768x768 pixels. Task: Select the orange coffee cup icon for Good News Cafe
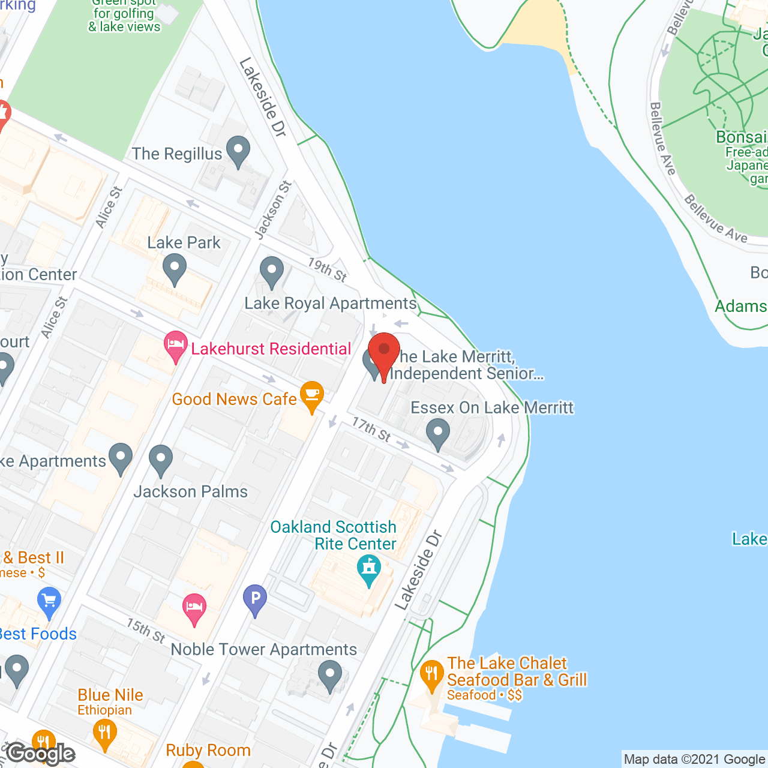tap(311, 396)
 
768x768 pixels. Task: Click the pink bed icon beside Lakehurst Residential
tap(175, 346)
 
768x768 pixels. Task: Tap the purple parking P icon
tap(255, 599)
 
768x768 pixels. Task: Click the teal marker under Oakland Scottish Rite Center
tap(368, 569)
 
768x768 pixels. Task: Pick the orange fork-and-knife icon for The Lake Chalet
tap(431, 675)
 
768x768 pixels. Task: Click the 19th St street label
tap(327, 269)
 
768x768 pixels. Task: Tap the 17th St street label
tap(371, 429)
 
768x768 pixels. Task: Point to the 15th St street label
tap(146, 631)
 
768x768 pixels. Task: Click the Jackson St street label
tap(273, 210)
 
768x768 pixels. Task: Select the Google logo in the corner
tap(41, 753)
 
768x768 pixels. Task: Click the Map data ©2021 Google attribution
tap(694, 760)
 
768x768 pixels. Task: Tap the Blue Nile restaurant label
tap(110, 695)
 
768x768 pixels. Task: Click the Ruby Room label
tap(208, 750)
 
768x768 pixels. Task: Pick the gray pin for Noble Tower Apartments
tap(329, 674)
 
